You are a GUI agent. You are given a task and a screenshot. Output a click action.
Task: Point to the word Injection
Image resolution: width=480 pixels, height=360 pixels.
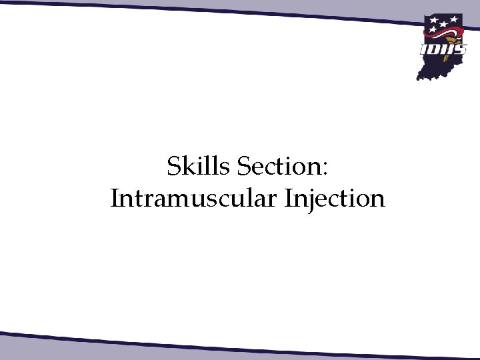tap(335, 199)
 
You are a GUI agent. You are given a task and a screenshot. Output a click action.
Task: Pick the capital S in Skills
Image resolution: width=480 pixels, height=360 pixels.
tap(173, 167)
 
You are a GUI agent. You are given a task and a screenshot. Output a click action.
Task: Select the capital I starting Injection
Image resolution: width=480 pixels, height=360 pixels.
tap(289, 199)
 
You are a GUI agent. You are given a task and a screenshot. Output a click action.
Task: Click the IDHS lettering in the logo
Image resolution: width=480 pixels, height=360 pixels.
tap(443, 49)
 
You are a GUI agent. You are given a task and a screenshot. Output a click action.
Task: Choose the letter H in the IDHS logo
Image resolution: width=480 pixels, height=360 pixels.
tap(447, 49)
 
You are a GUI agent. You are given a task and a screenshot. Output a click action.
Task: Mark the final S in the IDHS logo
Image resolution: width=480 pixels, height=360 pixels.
tap(460, 49)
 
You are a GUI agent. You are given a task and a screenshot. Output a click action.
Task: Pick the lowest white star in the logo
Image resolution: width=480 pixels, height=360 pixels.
tap(433, 30)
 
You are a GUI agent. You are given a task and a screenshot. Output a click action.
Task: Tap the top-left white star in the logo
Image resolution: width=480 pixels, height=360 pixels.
tap(433, 20)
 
